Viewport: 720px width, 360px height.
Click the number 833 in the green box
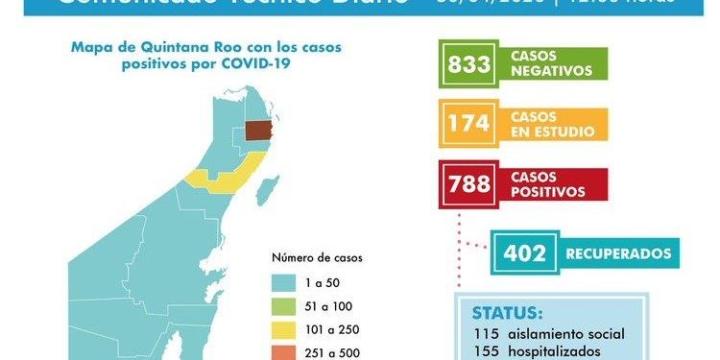click(469, 66)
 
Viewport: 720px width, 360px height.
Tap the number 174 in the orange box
click(468, 124)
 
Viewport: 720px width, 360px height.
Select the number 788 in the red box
click(468, 183)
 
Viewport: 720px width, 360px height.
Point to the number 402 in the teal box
click(523, 253)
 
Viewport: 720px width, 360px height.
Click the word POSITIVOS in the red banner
click(548, 191)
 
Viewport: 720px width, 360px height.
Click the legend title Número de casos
click(317, 257)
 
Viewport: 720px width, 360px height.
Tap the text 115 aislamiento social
click(550, 334)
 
